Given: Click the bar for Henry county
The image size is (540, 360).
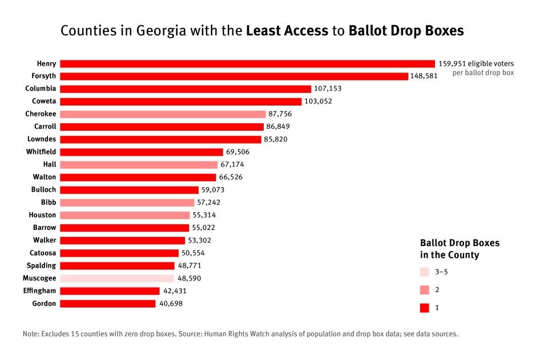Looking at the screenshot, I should tap(247, 64).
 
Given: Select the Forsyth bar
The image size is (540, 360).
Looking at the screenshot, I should tap(234, 76).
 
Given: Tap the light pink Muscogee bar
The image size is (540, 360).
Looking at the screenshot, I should tap(117, 278).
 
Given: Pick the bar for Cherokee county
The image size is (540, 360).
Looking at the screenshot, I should tap(163, 114).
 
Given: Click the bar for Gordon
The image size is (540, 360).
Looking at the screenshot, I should tap(108, 304).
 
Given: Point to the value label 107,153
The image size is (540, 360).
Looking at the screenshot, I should tap(328, 89).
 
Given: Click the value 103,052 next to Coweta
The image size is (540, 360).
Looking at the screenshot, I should tap(318, 102).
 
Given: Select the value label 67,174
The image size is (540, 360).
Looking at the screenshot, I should tap(232, 164).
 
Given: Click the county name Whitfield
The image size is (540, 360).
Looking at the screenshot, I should tap(41, 152).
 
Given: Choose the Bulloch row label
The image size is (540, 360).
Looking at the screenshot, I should tap(43, 189).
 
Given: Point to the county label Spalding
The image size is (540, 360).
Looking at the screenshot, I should tap(42, 265).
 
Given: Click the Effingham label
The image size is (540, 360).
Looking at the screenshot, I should tap(40, 291).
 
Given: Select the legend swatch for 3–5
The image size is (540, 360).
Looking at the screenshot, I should tap(424, 272).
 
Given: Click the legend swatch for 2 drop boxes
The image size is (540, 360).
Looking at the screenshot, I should tap(424, 290).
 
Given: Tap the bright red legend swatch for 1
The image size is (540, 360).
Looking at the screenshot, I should tap(424, 308).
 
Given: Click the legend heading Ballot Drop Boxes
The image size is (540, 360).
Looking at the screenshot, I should tap(460, 243).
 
